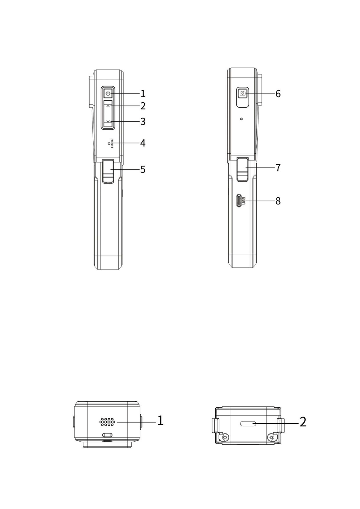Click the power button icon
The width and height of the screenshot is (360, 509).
pyautogui.click(x=108, y=94)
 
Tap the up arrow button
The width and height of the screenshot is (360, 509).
pyautogui.click(x=108, y=106)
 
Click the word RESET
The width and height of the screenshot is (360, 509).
pyautogui.click(x=112, y=143)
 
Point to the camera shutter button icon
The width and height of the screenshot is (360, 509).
pyautogui.click(x=243, y=94)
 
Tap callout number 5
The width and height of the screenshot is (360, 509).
pyautogui.click(x=142, y=170)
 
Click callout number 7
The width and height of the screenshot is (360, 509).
pyautogui.click(x=278, y=167)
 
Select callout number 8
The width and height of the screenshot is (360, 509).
pyautogui.click(x=278, y=201)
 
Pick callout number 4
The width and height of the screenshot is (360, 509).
pyautogui.click(x=142, y=143)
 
